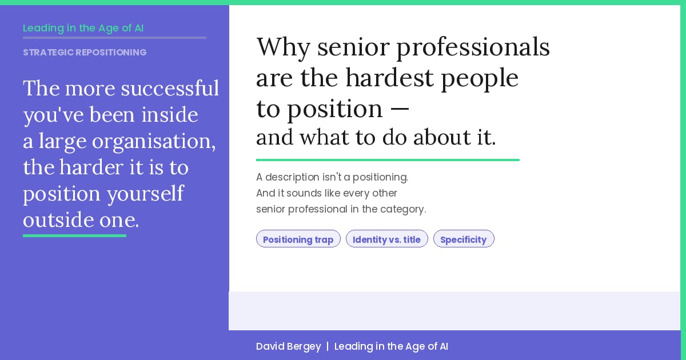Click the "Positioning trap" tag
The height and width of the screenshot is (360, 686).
[298, 239]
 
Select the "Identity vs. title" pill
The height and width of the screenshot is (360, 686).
[386, 239]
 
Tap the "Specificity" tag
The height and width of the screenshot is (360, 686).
[463, 239]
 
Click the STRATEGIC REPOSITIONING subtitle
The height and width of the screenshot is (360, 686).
[85, 53]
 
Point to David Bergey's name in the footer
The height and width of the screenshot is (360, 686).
[288, 346]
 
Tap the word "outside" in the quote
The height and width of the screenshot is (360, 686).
[58, 220]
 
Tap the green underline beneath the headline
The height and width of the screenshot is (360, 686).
[388, 160]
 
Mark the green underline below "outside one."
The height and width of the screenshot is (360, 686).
[74, 235]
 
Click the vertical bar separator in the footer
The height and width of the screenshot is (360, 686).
[328, 346]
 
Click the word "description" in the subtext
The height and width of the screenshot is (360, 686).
[293, 177]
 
